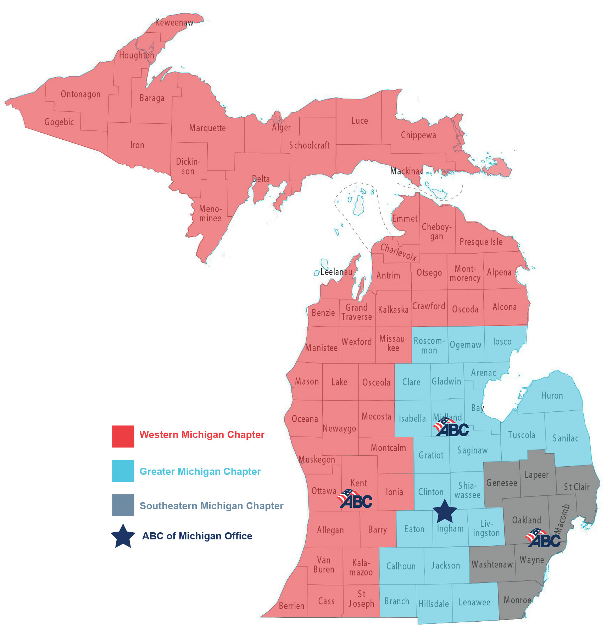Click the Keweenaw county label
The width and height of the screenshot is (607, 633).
coord(174,23)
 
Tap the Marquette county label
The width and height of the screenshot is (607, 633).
coord(207,128)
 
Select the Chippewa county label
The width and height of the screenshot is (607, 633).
coord(418,135)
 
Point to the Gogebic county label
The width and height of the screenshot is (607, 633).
coord(59,122)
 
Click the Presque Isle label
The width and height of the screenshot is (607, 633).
coord(481,242)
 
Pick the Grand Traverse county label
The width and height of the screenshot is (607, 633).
coord(356,312)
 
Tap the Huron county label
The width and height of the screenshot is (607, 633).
coord(552,395)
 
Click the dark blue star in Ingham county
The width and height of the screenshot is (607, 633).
coord(445,511)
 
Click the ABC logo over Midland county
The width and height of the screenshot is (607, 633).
coord(451,427)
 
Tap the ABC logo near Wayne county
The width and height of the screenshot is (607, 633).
coord(544,538)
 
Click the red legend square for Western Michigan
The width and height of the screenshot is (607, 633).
coord(123,436)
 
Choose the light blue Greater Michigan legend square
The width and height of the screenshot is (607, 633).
coord(123,471)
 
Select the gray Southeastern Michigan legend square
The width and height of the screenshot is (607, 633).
coord(123,505)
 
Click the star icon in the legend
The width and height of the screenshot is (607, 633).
coord(123,536)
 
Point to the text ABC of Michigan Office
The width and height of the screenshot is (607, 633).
coord(197,536)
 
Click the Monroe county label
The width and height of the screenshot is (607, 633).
coord(517,600)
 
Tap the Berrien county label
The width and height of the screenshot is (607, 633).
coord(291,605)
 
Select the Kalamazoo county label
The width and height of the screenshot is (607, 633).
coord(361,567)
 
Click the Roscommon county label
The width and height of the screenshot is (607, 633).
coord(429,346)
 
